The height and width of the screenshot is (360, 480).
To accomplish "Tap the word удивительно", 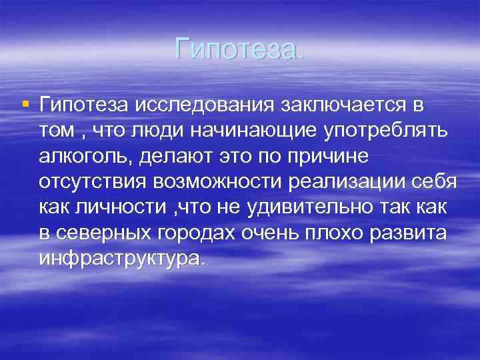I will pos(308,207).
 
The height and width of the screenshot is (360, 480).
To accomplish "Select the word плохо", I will pos(331,233).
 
